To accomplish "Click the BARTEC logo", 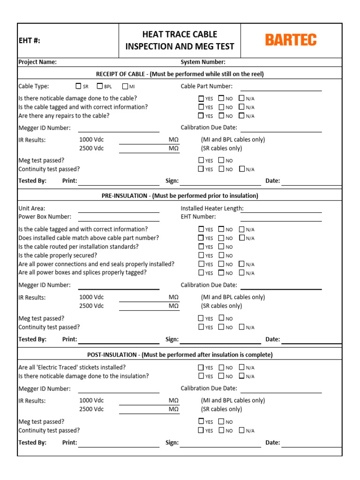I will pos(291,40).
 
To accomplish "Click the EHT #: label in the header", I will pos(29,41).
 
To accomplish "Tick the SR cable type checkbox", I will pos(78,86).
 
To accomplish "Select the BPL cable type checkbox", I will pos(100,86).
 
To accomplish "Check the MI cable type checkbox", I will pos(125,86).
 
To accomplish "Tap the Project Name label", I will pos(37,62).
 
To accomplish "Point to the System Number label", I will pos(203,62).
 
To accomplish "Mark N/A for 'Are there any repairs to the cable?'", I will pos(241,115).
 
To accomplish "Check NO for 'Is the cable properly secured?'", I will pos(221,255).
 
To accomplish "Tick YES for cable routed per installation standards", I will pos(201,247).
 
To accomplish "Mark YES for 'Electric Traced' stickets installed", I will pos(201,367).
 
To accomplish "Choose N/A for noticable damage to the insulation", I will pos(241,376).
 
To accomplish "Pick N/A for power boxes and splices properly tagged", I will pos(241,273).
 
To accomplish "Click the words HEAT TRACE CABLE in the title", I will pos(180,34).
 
